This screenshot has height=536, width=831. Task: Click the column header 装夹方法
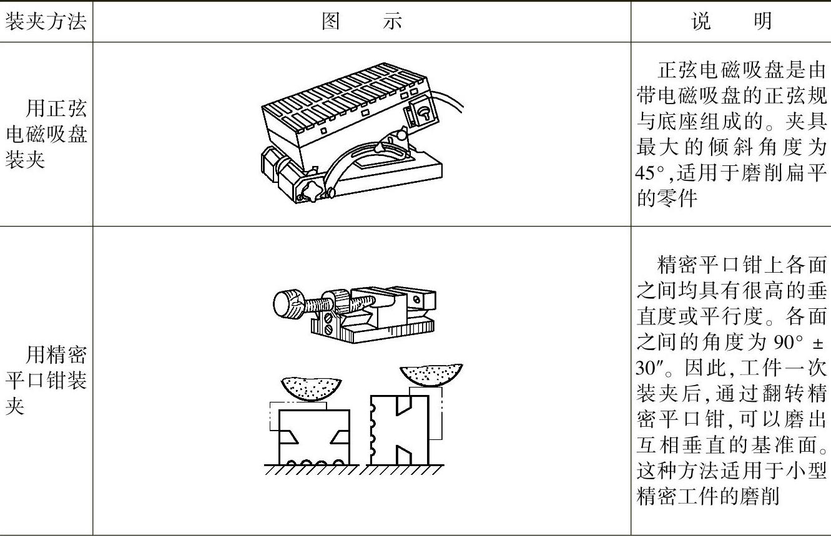tap(46, 22)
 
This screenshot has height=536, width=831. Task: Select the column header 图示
tap(361, 22)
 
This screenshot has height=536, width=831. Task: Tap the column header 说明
tap(731, 22)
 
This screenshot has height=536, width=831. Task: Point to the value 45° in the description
tap(647, 172)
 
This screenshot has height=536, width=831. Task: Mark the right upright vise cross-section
tap(400, 431)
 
